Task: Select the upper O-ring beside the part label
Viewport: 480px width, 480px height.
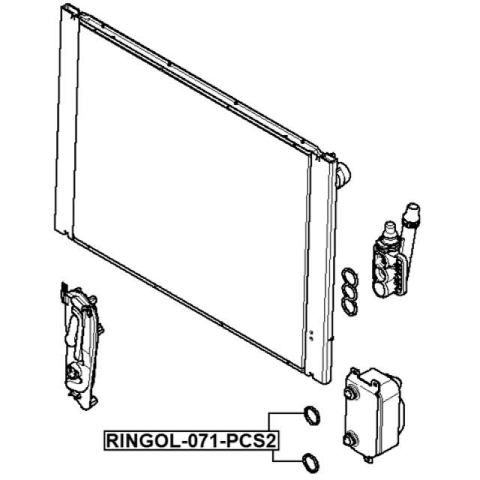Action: (310, 413)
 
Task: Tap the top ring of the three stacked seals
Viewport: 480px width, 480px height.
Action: (349, 277)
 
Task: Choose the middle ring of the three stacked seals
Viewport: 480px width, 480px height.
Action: (349, 290)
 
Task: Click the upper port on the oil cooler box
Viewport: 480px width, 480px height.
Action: (350, 391)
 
